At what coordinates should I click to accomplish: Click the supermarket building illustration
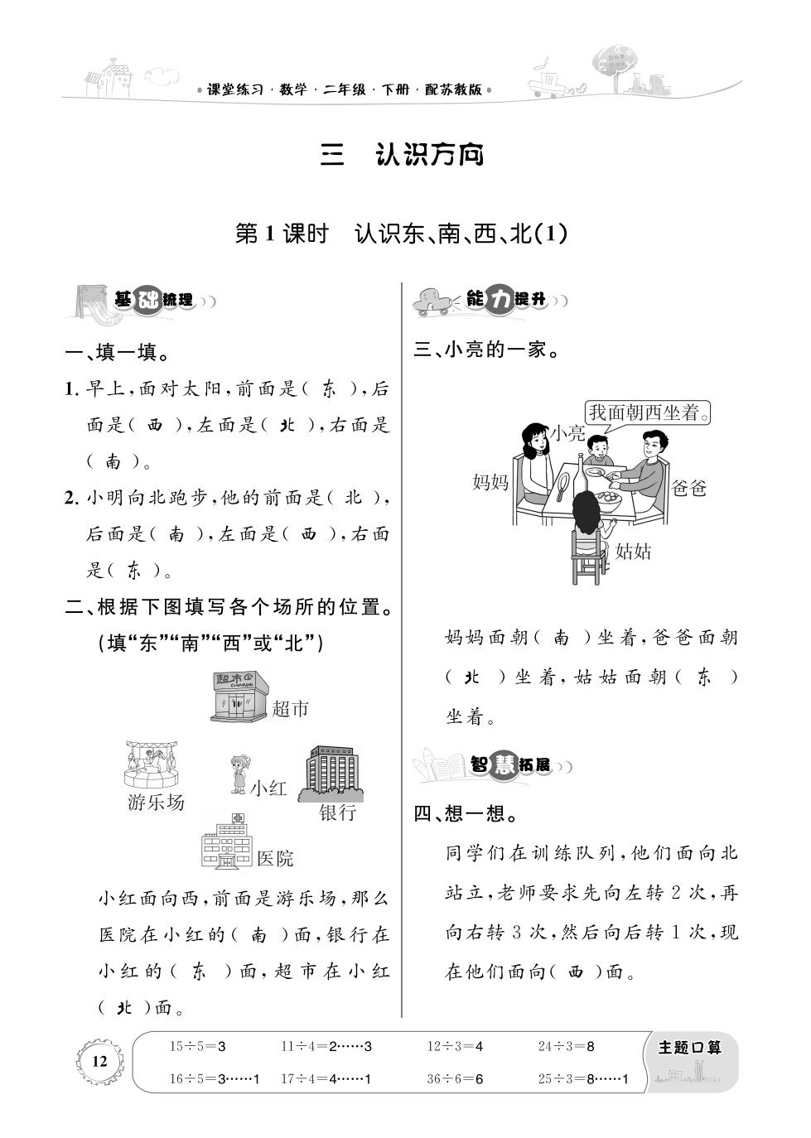pyautogui.click(x=240, y=696)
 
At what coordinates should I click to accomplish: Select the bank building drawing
pyautogui.click(x=331, y=774)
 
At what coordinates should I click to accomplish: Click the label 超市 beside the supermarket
pyautogui.click(x=290, y=708)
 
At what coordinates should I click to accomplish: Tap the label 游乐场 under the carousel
pyautogui.click(x=156, y=803)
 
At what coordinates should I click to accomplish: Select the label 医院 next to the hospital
pyautogui.click(x=275, y=859)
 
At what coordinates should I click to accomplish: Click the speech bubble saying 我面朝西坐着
pyautogui.click(x=647, y=412)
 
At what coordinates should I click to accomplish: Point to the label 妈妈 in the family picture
pyautogui.click(x=490, y=481)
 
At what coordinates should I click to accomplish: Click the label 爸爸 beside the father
pyautogui.click(x=688, y=488)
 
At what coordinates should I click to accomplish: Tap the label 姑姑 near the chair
pyautogui.click(x=633, y=552)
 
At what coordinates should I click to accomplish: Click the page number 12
pyautogui.click(x=99, y=1061)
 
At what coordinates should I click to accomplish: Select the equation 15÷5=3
pyautogui.click(x=198, y=1046)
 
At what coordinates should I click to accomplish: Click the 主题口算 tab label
pyautogui.click(x=689, y=1048)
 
